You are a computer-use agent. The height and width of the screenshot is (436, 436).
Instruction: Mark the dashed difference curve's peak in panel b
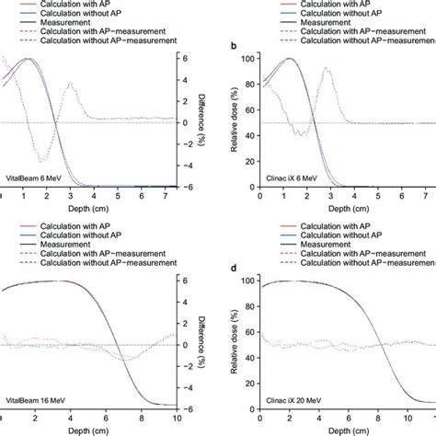pyautogui.click(x=325, y=69)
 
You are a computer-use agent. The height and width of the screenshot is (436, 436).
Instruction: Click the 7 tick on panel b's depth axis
pyautogui.click(x=425, y=198)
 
